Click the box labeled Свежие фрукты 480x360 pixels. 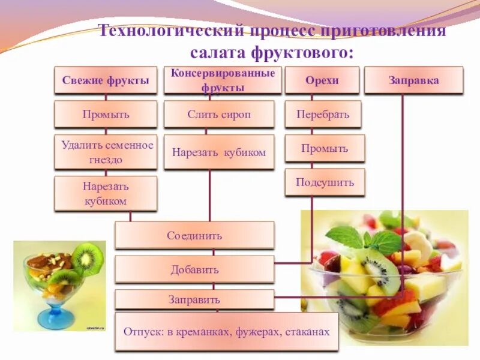pos(106,80)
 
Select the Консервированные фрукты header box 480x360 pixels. pos(223,80)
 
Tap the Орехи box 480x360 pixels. pos(322,80)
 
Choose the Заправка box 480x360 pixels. pos(414,80)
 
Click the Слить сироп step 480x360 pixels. pos(219,114)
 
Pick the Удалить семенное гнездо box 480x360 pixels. pos(106,152)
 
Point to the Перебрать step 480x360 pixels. pos(323,114)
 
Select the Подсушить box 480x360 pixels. pos(325,182)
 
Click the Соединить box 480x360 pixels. pos(194,235)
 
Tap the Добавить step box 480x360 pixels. pos(194,269)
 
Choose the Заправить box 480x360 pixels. pos(194,299)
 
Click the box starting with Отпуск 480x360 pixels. pos(227,331)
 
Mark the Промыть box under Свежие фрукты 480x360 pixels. pos(106,114)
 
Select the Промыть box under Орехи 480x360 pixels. pos(325,148)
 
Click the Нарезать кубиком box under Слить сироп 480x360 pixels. pos(219,152)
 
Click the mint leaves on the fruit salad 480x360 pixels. pos(366,238)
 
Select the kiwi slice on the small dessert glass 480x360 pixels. pos(88,258)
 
